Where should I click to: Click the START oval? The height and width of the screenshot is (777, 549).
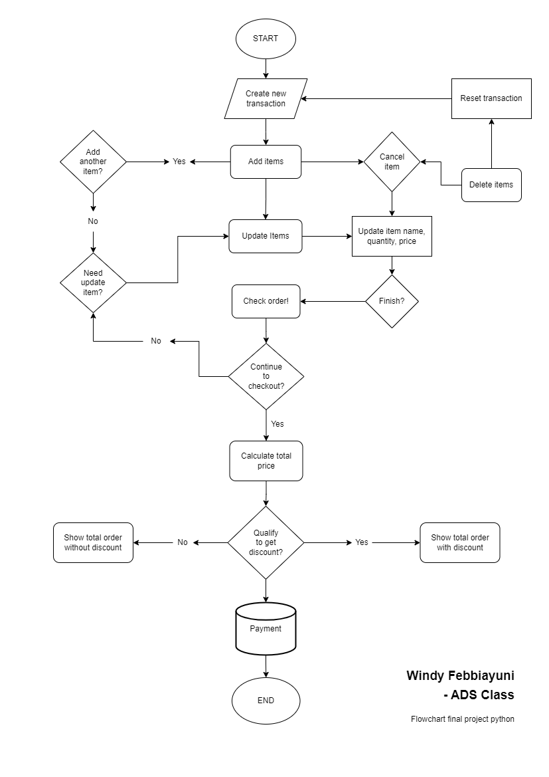(x=266, y=39)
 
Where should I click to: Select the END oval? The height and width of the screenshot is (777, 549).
(x=266, y=701)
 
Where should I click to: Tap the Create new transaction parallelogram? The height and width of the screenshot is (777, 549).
(x=266, y=99)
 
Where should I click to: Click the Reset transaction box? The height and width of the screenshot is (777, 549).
(x=491, y=98)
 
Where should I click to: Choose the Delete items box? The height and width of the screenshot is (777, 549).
(x=491, y=185)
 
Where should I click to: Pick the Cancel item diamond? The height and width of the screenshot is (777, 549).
(x=392, y=162)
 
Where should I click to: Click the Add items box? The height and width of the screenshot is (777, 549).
(x=266, y=162)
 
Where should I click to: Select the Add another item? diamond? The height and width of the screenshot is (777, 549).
(x=93, y=162)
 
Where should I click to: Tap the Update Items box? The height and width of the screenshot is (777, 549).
(x=266, y=236)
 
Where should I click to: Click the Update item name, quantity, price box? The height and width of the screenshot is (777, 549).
(x=392, y=236)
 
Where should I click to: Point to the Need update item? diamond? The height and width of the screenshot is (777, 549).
(x=93, y=282)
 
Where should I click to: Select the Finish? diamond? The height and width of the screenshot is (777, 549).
(x=392, y=301)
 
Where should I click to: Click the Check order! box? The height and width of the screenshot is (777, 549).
(x=266, y=301)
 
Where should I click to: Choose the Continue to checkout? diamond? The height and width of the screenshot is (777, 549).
(x=266, y=376)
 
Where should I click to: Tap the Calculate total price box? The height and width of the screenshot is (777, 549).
(x=266, y=461)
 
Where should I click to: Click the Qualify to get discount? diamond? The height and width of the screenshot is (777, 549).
(x=266, y=542)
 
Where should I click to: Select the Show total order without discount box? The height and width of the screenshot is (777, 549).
(x=93, y=542)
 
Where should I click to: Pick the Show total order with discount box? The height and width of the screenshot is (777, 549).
(x=459, y=542)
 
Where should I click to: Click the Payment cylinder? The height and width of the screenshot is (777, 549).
(x=266, y=629)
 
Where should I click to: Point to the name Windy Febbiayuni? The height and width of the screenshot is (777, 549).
(x=460, y=675)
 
